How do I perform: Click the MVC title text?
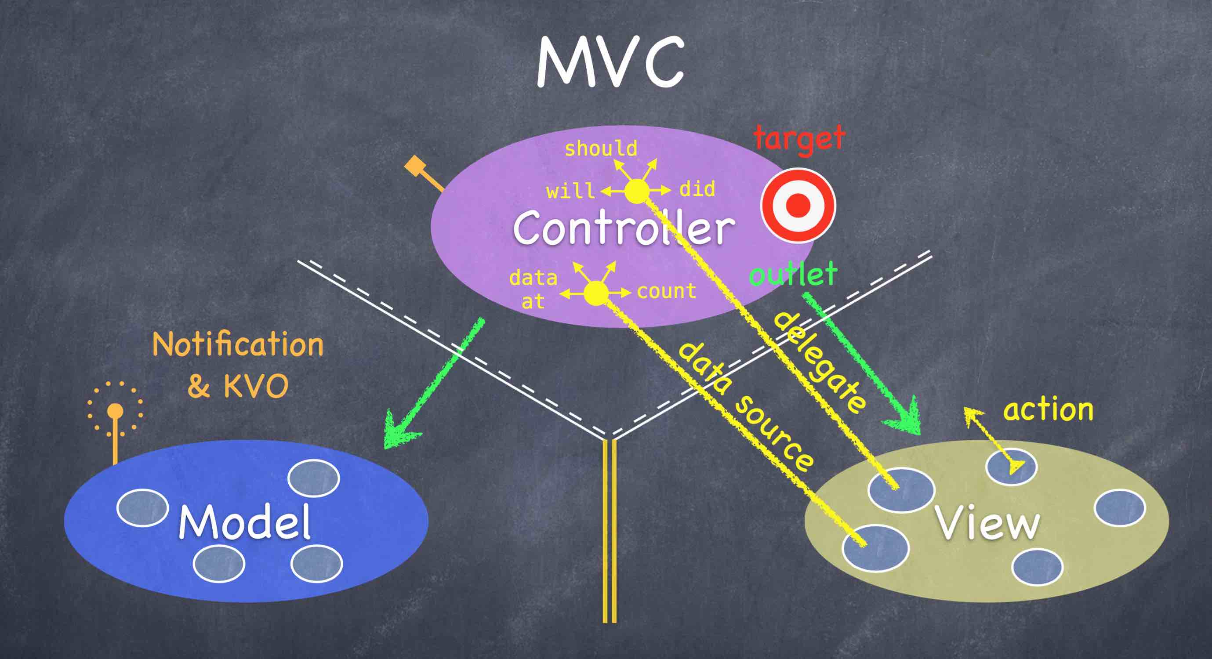click(610, 63)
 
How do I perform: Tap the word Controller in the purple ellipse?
click(624, 228)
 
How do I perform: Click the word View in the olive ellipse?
click(987, 523)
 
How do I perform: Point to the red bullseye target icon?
click(798, 205)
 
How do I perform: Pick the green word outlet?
click(793, 274)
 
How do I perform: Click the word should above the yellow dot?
click(601, 148)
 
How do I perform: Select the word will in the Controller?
click(570, 191)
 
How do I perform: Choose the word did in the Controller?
click(697, 189)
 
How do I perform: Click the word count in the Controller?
click(666, 291)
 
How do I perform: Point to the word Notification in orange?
click(238, 345)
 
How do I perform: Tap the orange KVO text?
click(255, 387)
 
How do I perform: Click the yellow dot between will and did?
click(637, 191)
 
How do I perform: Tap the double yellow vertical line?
click(610, 532)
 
